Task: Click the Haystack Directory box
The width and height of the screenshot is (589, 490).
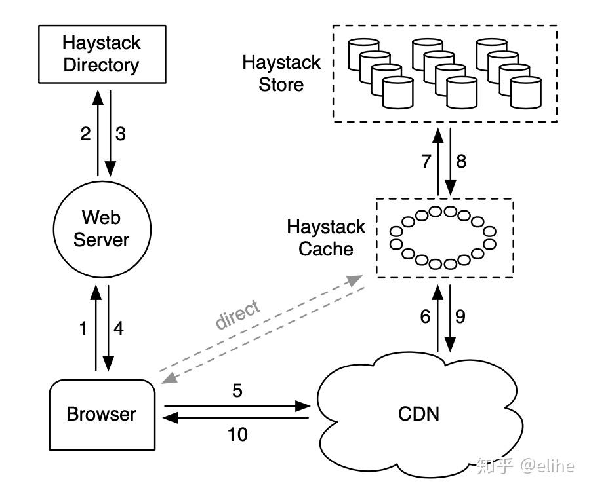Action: click(x=101, y=55)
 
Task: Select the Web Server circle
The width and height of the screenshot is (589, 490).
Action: click(x=101, y=227)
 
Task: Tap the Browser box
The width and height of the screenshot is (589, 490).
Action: click(x=102, y=414)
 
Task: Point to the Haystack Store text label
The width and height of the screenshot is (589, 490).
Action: click(x=281, y=73)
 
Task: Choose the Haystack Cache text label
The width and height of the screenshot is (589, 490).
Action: click(x=326, y=238)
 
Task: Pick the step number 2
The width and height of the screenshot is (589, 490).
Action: click(x=85, y=134)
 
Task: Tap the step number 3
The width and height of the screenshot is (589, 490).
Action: click(x=120, y=134)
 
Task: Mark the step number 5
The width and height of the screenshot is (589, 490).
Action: click(x=237, y=390)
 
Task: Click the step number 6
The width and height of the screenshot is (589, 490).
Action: click(x=425, y=316)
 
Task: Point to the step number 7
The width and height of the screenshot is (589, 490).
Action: click(x=426, y=161)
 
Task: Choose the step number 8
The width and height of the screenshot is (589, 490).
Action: click(x=461, y=161)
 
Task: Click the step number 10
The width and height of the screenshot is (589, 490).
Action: click(x=237, y=434)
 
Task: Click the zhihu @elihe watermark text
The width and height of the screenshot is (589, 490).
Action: click(x=525, y=465)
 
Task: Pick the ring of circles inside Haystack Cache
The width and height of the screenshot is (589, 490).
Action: click(x=443, y=237)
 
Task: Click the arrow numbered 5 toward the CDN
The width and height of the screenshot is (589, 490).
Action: click(x=236, y=407)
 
